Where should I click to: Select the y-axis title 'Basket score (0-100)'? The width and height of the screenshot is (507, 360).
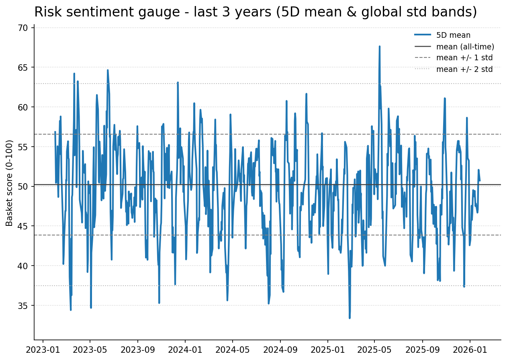coord(10,183)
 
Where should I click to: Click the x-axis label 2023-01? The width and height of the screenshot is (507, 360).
coord(43,350)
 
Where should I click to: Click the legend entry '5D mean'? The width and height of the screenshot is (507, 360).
coord(453,35)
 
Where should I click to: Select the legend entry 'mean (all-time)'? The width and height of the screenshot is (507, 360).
coord(465,47)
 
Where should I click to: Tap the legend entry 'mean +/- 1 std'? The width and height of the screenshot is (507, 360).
coord(464,58)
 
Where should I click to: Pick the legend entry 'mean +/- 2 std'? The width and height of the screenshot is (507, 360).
coord(464,69)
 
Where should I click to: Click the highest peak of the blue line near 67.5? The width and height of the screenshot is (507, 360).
coord(379,46)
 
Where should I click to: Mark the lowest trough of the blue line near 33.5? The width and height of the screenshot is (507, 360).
coord(350,318)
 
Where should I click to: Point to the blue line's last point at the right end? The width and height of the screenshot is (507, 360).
coord(480,180)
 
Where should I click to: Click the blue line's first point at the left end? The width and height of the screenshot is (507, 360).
coord(55,132)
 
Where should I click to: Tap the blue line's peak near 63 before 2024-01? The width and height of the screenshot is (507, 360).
coord(178,82)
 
